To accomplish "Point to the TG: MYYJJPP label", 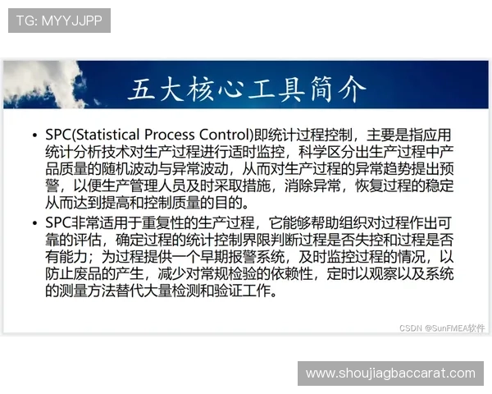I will [x=59, y=20].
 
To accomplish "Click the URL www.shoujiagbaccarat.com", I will [x=389, y=373].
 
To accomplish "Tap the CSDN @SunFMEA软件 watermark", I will [x=442, y=327].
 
